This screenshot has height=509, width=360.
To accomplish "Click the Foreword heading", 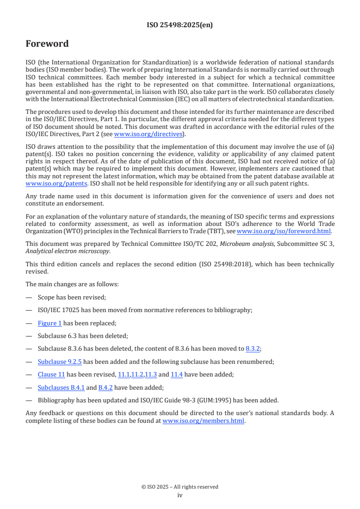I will [x=47, y=44].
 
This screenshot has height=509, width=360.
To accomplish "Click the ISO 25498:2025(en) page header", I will [x=180, y=25].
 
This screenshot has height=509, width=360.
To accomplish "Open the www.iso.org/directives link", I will [x=148, y=134].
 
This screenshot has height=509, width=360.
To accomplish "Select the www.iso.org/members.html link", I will [x=203, y=421].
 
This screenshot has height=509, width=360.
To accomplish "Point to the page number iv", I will [x=180, y=495].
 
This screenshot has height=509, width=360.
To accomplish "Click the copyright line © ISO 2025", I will [x=180, y=487].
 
